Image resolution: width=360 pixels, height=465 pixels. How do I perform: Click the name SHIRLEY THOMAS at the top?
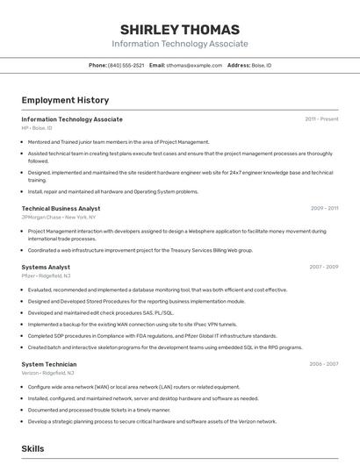click(179, 28)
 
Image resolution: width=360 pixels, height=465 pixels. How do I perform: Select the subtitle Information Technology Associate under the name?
click(179, 44)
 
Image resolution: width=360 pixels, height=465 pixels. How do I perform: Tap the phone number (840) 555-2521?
click(126, 66)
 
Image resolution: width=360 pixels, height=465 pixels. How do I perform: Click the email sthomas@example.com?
click(194, 66)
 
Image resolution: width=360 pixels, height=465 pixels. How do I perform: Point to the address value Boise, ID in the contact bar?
click(262, 66)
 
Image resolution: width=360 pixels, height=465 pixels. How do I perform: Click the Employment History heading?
click(65, 100)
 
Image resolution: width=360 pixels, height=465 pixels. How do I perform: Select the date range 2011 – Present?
click(321, 119)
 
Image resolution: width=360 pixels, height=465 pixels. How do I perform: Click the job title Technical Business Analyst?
click(61, 209)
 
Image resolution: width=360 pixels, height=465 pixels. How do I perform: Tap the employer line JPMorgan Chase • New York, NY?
click(59, 217)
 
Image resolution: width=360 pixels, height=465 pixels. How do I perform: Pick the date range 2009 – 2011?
click(324, 209)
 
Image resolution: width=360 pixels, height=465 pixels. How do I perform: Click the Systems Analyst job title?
click(46, 267)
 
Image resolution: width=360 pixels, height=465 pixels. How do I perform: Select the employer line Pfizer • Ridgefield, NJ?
click(46, 275)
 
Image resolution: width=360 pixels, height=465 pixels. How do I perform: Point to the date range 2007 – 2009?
click(323, 267)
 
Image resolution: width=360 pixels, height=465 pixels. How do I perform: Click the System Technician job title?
click(49, 364)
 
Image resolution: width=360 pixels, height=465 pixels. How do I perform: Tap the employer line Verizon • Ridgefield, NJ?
click(47, 373)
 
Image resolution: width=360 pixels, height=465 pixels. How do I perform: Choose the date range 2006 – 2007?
click(323, 364)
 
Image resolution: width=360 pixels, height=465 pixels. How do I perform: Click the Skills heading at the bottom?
click(32, 448)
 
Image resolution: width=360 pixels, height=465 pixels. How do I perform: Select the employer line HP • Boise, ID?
click(37, 128)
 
